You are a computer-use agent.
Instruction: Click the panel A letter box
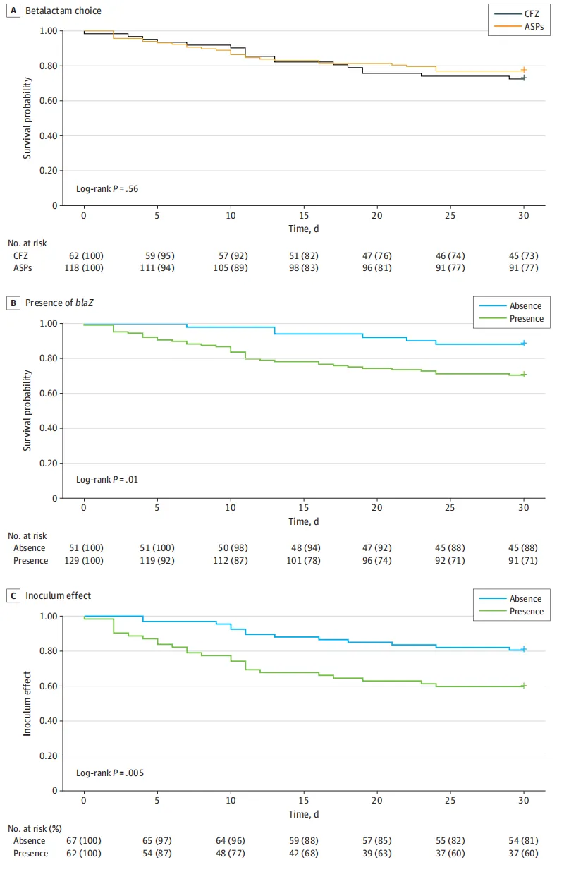point(11,11)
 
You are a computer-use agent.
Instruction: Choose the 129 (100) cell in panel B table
point(84,561)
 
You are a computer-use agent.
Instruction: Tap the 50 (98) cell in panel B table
point(231,548)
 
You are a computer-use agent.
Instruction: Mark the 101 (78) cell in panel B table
point(304,561)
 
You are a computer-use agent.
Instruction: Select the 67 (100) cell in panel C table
point(84,840)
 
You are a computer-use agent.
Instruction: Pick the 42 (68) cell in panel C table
point(304,853)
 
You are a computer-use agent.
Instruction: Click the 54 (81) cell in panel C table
point(524,840)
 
